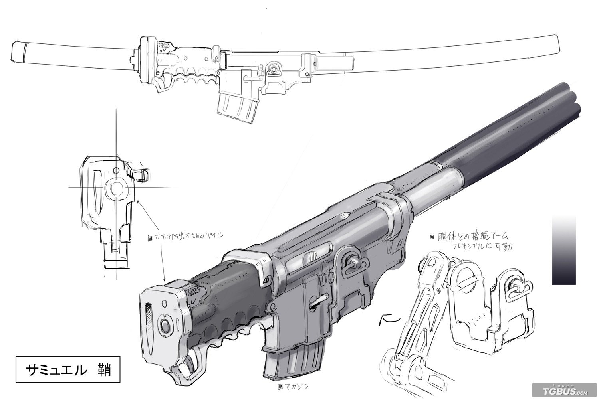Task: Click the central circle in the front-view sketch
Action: click(x=117, y=188)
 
